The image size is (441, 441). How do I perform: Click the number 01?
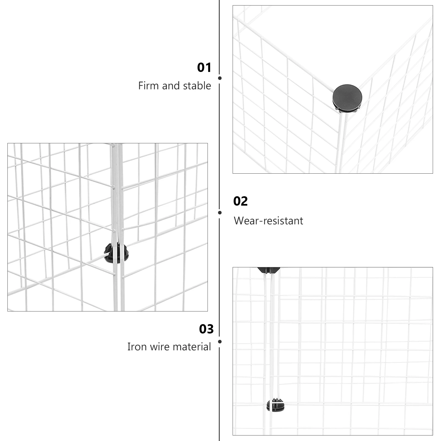pos(204,68)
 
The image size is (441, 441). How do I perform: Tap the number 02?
pos(240,201)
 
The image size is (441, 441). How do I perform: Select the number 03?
pos(206,329)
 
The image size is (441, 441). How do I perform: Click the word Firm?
pos(149,86)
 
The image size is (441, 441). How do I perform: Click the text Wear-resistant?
pos(268,221)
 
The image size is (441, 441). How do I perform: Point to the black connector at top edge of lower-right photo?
pos(268,270)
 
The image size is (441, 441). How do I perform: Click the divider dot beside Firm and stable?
pos(220,78)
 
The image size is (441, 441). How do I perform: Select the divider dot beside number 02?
pos(220,213)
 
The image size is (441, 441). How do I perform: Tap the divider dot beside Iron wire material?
pos(220,342)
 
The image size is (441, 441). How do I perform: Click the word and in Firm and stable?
pos(172,86)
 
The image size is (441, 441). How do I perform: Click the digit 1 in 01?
pos(208,68)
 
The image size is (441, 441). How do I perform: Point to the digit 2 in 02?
pos(244,201)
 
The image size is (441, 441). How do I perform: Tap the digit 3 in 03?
pos(210,329)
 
